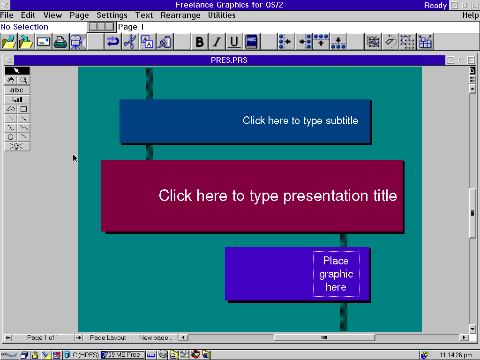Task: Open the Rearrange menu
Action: coord(180,15)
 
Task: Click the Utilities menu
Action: coord(222,15)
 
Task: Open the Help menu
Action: coord(470,15)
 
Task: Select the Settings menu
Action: coord(112,15)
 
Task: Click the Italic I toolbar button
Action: coord(217,42)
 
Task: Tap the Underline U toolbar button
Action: coord(234,42)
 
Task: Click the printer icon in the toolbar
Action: coord(60,42)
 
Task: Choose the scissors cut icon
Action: coord(130,42)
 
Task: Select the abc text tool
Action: coord(17,90)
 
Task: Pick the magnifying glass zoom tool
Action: coord(23,80)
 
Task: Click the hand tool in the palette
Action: coord(11,80)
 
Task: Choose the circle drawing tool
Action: coord(11,137)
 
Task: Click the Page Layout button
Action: coord(108,337)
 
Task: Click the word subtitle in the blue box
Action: coord(342,120)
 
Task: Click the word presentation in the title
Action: coord(326,196)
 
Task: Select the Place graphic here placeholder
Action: coord(336,274)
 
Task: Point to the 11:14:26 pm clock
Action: coord(456,355)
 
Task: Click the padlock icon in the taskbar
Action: coord(35,355)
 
